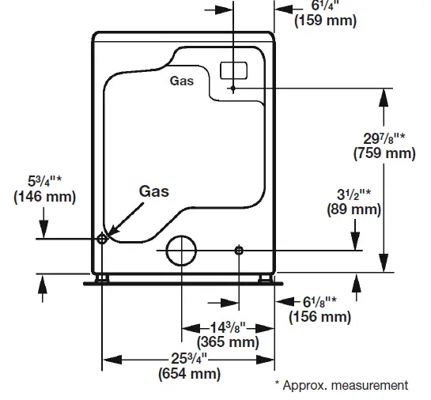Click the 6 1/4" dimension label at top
click(x=323, y=5)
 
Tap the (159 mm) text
click(x=325, y=21)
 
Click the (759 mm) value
click(x=384, y=153)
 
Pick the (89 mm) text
click(x=353, y=209)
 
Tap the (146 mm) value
click(x=44, y=198)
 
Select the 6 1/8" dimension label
click(x=319, y=302)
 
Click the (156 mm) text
click(x=319, y=316)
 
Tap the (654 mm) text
click(x=189, y=373)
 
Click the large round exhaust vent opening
click(x=183, y=250)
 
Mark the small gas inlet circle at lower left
click(x=102, y=238)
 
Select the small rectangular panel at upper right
click(x=233, y=70)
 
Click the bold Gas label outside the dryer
click(x=153, y=191)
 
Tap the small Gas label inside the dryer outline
click(x=181, y=81)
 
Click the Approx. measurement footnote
click(x=342, y=385)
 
